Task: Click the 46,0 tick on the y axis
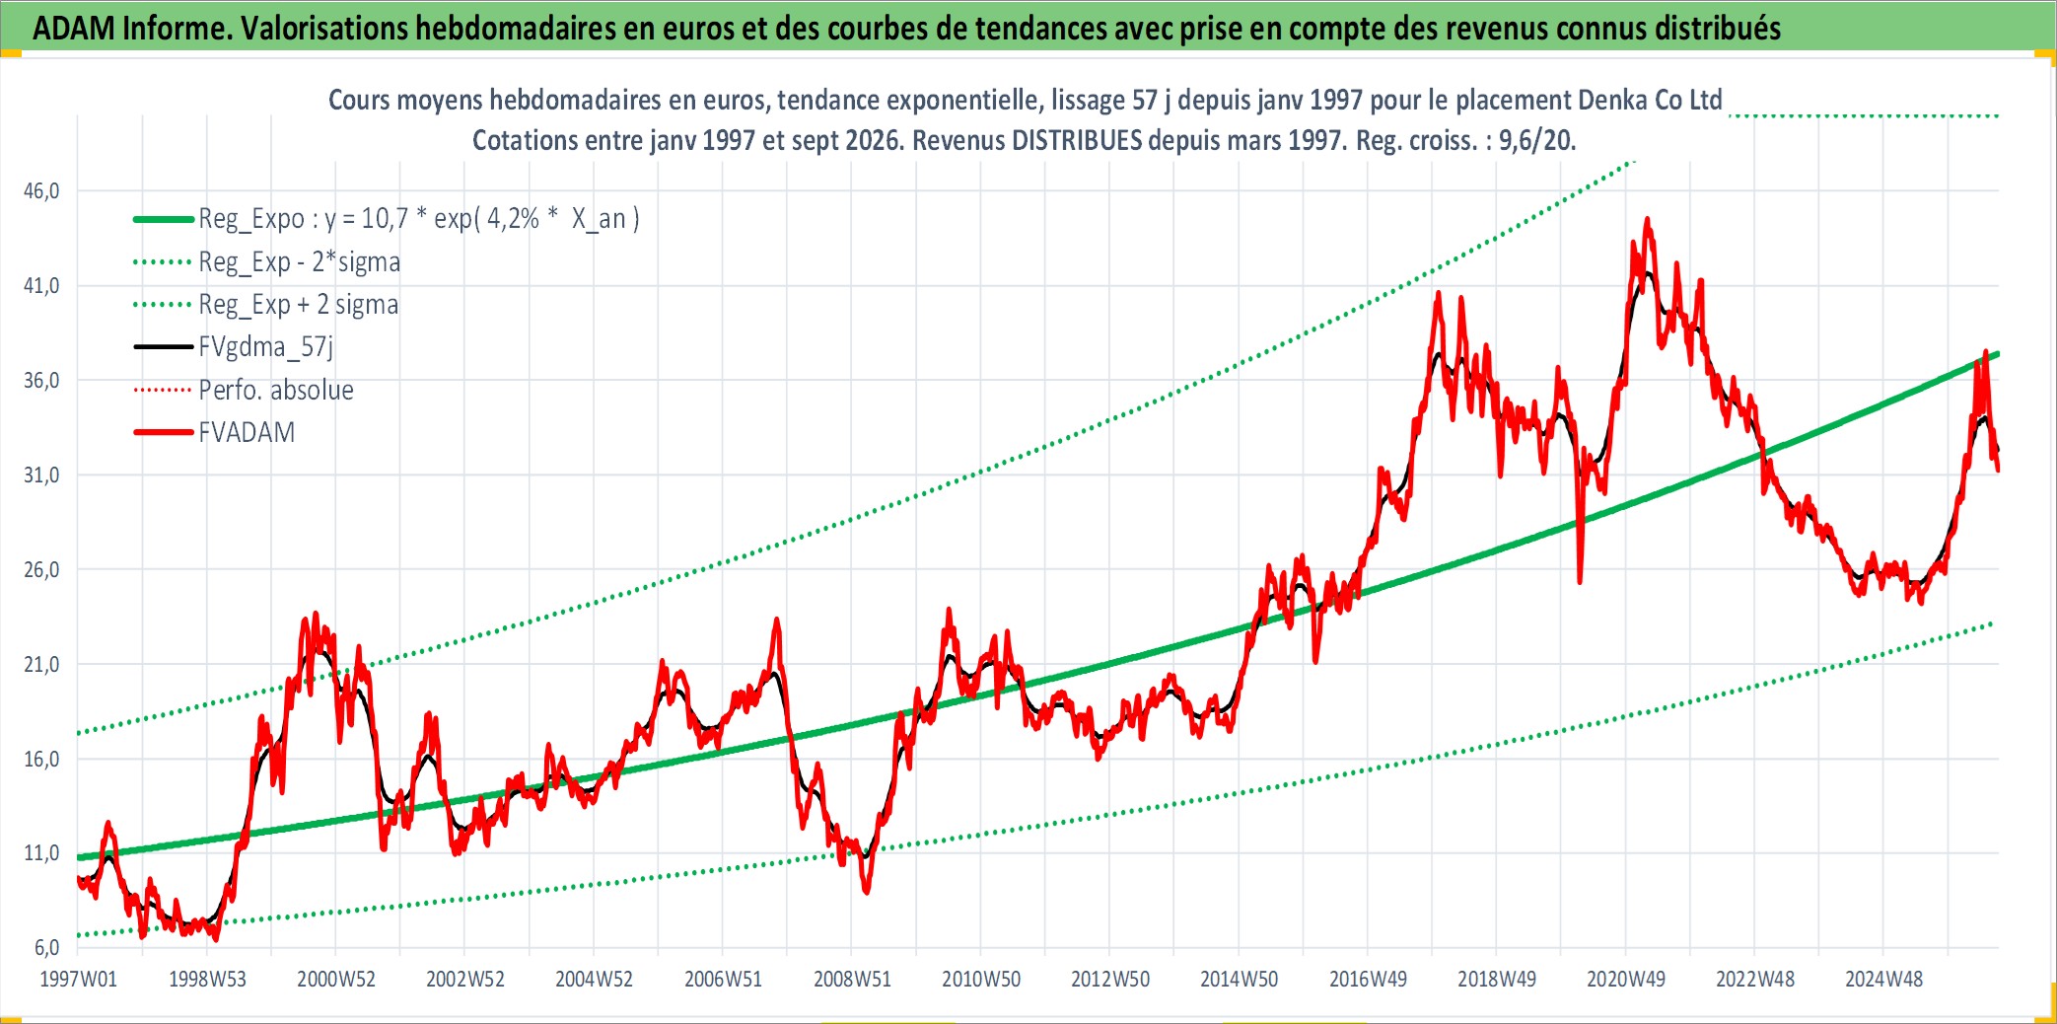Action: (41, 191)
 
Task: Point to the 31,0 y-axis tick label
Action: (41, 475)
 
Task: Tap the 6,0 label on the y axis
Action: (46, 948)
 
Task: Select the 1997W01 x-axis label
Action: (78, 980)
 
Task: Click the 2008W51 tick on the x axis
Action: (852, 980)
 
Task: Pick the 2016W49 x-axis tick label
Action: (1368, 980)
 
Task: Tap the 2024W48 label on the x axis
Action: (1883, 980)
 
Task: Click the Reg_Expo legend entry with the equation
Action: (419, 219)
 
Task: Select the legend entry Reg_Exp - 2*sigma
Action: (300, 262)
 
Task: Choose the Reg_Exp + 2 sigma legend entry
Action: (299, 305)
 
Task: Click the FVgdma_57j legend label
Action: (266, 347)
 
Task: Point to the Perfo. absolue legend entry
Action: (276, 390)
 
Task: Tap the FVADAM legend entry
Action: (247, 432)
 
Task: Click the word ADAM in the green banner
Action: (74, 29)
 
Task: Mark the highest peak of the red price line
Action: (1647, 219)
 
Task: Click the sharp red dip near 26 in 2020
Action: (1580, 581)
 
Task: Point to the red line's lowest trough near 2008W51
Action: (867, 892)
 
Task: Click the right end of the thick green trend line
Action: (1997, 353)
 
